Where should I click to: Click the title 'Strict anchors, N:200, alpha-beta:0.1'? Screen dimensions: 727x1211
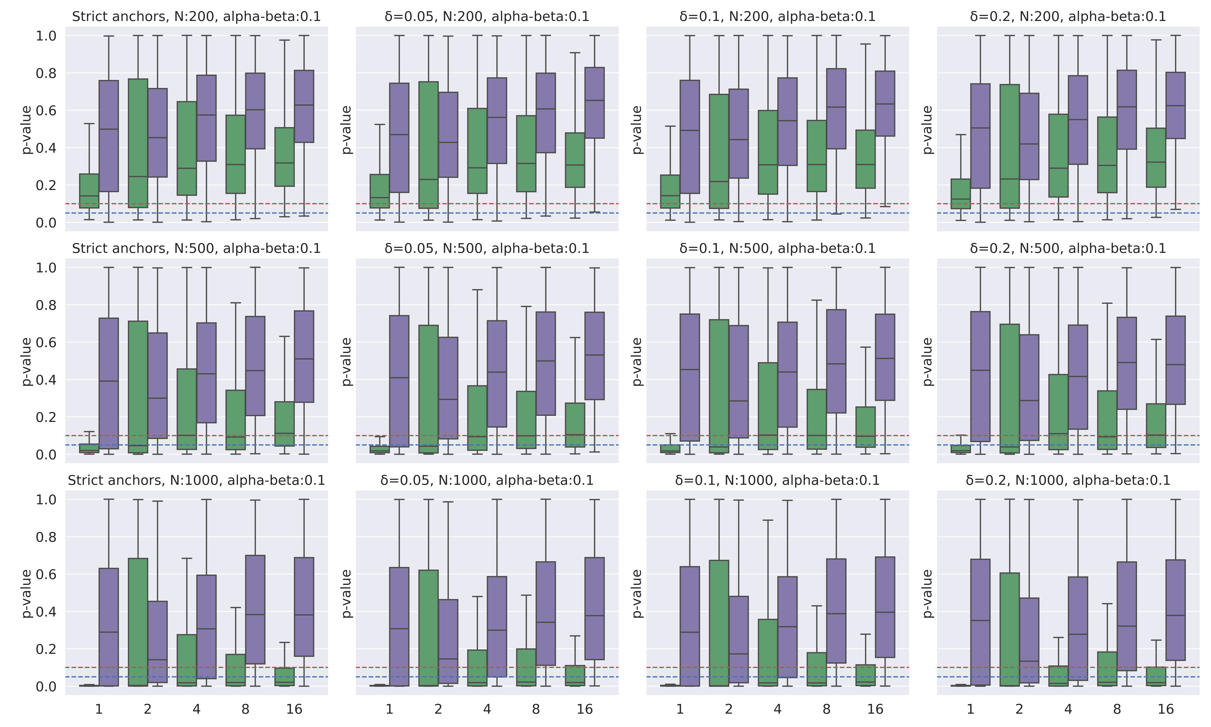coord(196,17)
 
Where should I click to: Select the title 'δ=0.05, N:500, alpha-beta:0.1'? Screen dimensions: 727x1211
coord(487,248)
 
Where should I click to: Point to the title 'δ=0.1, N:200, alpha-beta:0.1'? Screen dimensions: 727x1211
coord(777,17)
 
